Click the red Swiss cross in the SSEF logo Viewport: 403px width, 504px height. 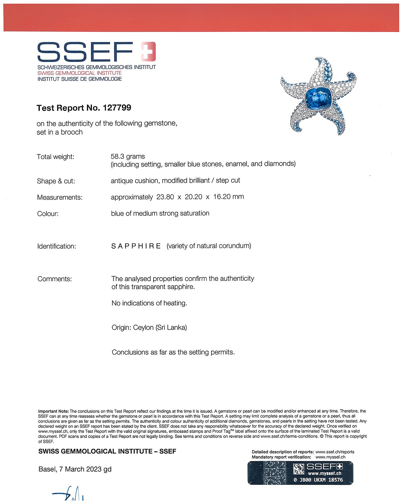148,51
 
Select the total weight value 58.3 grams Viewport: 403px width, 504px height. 128,156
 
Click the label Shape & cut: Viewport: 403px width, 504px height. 56,181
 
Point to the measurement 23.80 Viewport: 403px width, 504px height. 165,197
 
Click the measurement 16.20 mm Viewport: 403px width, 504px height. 228,197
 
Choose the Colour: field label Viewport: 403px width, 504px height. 48,214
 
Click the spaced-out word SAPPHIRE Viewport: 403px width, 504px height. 136,246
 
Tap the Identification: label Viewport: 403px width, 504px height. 57,246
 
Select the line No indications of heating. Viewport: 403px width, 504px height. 149,303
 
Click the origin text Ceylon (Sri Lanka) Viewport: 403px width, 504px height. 160,328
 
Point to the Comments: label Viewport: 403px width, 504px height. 55,279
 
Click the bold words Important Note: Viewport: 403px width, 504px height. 53,411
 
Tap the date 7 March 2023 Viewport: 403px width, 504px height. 80,469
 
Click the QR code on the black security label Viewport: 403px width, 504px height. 299,469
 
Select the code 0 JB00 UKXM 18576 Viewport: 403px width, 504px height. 318,480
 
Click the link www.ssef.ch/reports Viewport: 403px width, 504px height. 335,452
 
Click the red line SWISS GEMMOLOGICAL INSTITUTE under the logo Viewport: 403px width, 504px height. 80,73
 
